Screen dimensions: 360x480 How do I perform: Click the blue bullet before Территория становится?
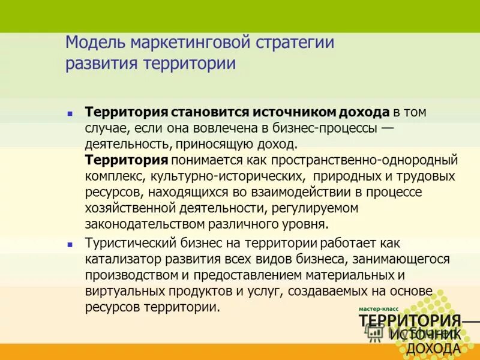[70, 112]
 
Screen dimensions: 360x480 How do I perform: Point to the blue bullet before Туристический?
[70, 245]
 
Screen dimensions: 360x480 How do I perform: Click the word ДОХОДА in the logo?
[434, 349]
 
